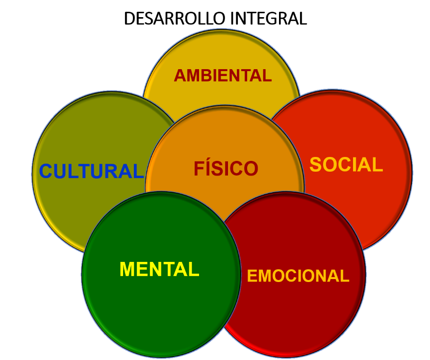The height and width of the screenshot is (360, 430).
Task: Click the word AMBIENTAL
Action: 223,76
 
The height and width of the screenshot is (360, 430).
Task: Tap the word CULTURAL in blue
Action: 91,172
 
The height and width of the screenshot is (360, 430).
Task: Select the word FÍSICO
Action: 226,169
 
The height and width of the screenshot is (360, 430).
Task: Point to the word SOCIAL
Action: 346,165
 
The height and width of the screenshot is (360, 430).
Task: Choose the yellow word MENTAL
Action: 159,269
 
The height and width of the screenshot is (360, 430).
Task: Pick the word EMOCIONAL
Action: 298,276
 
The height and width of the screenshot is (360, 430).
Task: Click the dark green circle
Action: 147,304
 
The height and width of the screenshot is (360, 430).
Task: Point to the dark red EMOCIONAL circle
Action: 304,314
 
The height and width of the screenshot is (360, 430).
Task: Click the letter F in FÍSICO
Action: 199,169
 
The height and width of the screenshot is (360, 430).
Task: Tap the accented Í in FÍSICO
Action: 208,168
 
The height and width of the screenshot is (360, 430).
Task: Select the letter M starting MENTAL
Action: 126,269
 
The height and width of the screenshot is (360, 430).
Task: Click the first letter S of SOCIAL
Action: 315,165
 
